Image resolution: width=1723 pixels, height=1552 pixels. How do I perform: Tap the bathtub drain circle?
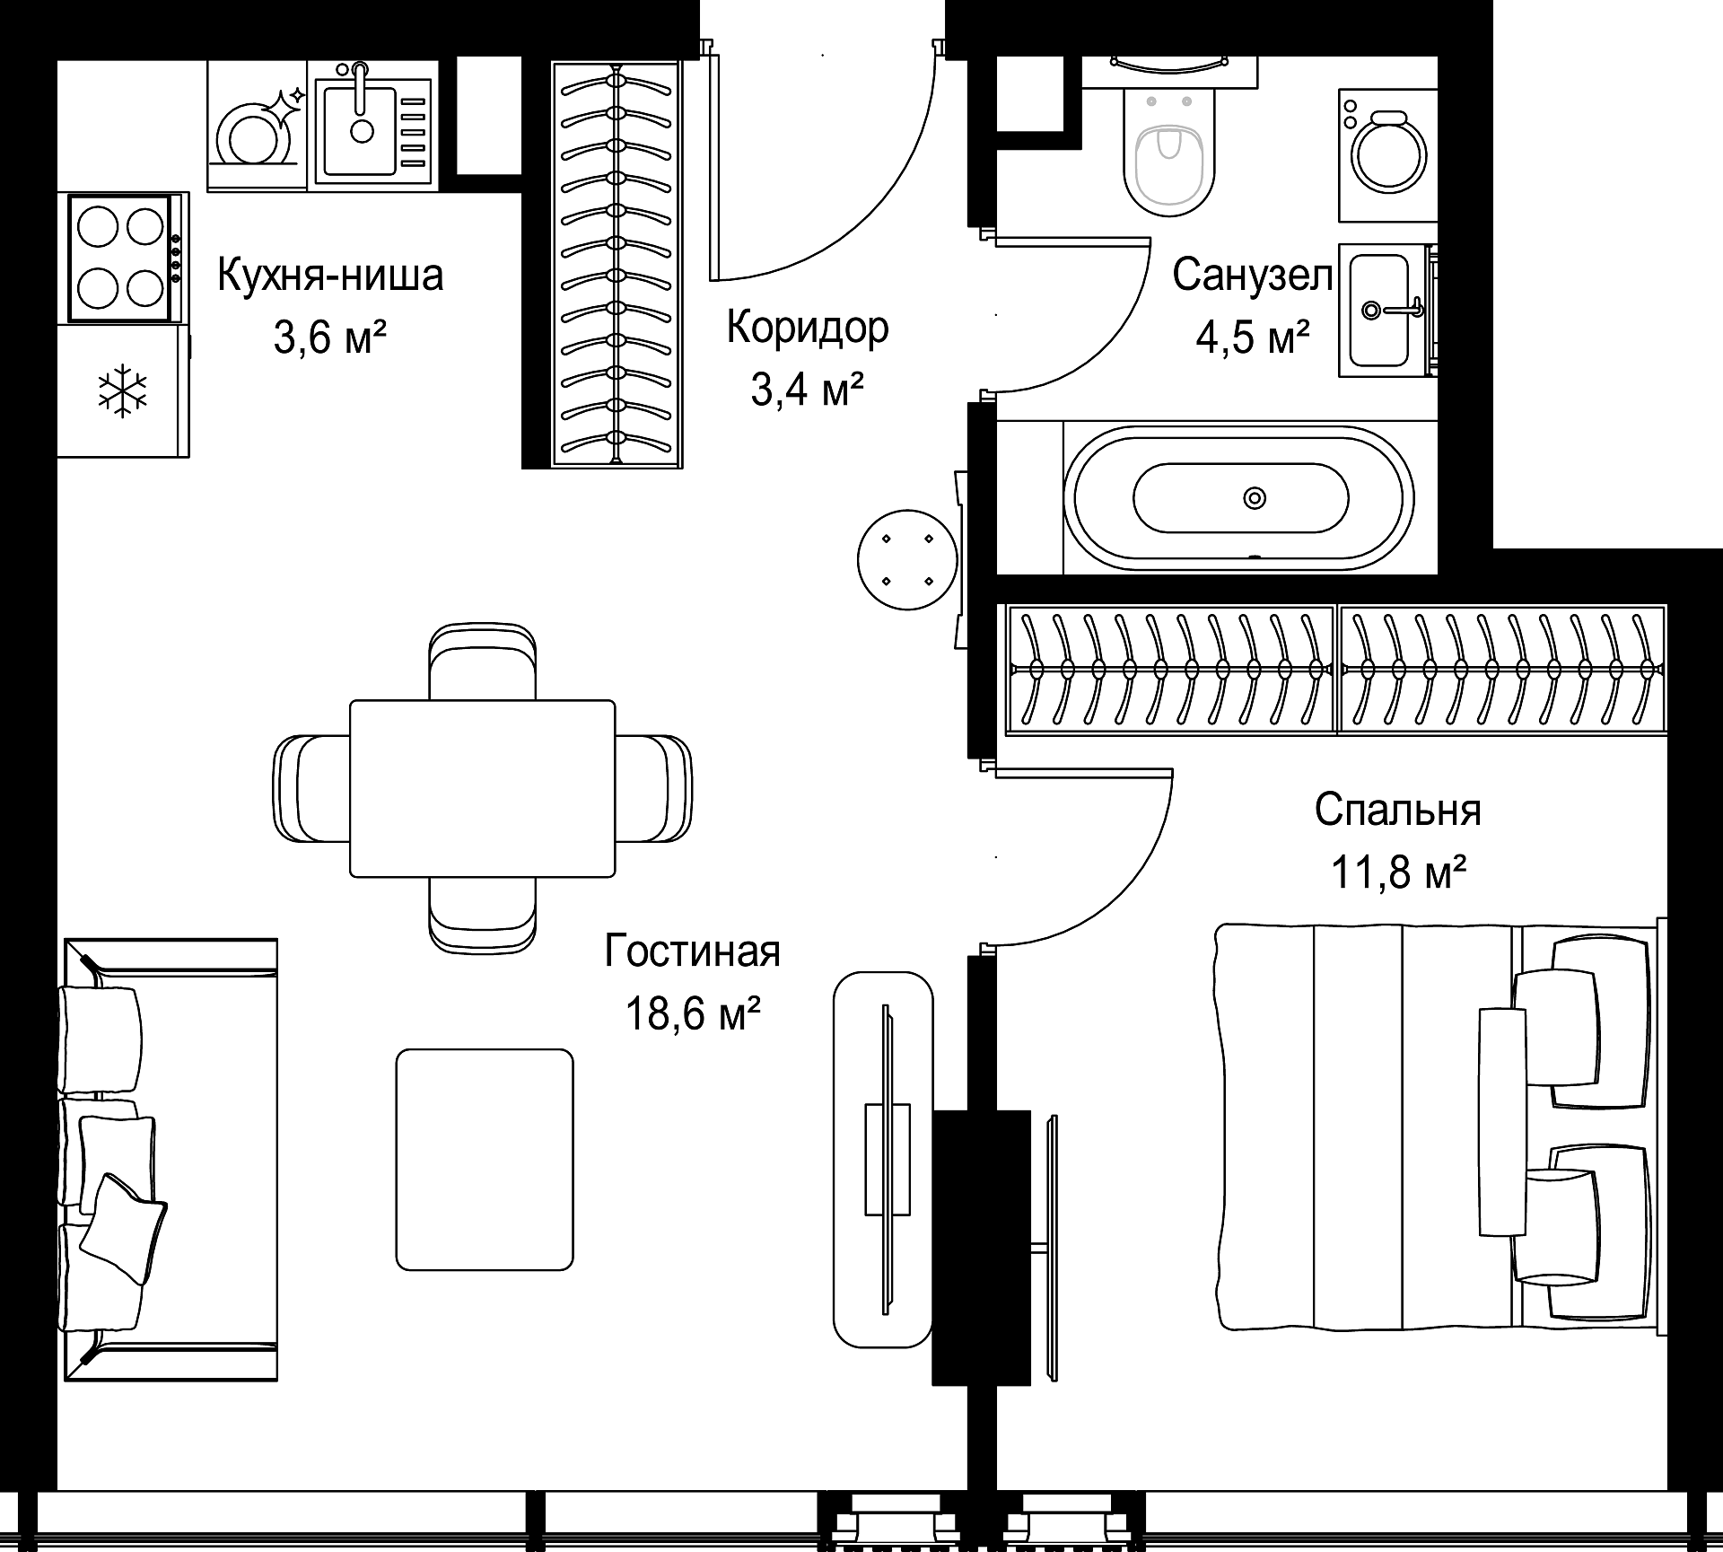click(1254, 497)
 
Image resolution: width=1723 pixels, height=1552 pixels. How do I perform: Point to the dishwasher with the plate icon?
click(258, 126)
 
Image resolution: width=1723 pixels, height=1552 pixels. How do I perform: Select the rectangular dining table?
click(482, 788)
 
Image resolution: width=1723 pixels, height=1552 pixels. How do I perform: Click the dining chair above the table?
click(483, 662)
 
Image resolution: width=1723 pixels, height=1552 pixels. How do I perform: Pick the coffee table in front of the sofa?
click(485, 1159)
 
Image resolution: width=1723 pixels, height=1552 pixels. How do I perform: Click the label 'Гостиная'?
click(693, 951)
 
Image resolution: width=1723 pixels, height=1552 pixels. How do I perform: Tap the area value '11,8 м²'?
click(1398, 872)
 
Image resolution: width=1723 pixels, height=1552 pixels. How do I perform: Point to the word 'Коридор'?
click(808, 329)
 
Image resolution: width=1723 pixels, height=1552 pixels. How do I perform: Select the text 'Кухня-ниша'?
click(330, 275)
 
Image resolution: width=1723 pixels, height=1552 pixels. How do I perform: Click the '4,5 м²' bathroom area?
click(1253, 338)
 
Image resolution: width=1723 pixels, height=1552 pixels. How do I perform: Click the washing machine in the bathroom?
click(1388, 154)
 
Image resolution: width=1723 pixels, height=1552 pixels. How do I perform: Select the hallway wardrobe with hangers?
click(616, 264)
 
